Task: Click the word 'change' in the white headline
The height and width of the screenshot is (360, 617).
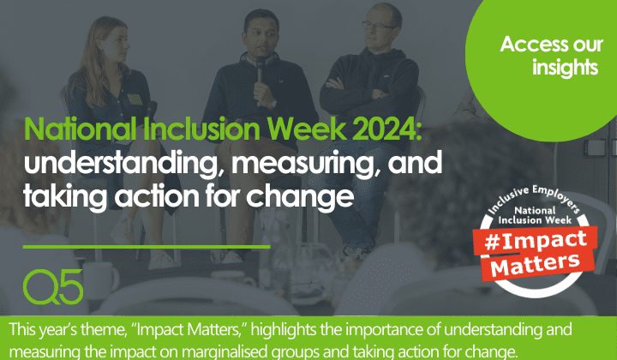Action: coord(309,196)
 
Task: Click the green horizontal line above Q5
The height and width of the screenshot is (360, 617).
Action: coord(146,246)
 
